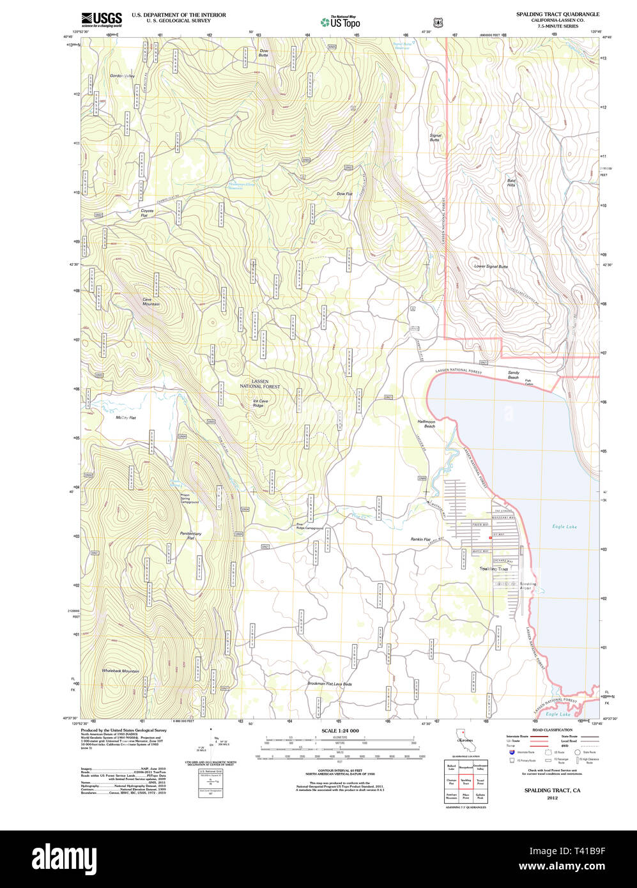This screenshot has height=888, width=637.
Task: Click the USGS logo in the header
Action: click(x=101, y=18)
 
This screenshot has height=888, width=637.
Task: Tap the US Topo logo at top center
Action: click(x=340, y=22)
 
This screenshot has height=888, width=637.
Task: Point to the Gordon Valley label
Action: click(x=122, y=76)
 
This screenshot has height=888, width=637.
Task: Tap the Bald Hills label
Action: click(x=511, y=183)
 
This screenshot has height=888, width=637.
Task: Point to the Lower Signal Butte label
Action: click(x=491, y=266)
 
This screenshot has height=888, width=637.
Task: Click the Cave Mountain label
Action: click(x=151, y=302)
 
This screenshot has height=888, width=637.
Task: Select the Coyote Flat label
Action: click(x=147, y=213)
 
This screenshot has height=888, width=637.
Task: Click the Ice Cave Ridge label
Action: click(x=260, y=403)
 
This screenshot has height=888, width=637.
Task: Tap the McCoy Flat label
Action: click(x=126, y=418)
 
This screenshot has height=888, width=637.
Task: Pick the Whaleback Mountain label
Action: click(x=120, y=671)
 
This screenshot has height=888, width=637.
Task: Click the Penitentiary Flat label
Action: click(x=190, y=535)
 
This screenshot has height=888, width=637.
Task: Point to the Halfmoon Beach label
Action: click(x=426, y=424)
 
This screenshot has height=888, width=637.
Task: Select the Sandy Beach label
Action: click(x=513, y=374)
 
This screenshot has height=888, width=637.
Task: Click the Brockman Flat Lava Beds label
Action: click(x=329, y=684)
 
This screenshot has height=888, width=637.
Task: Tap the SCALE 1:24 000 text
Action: click(x=340, y=730)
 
